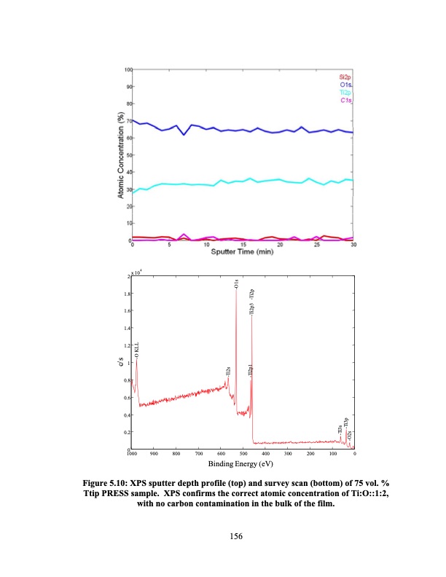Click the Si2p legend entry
(x=345, y=76)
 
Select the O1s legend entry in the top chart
(x=345, y=85)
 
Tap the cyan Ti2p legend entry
(x=345, y=93)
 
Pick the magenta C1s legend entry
(x=345, y=101)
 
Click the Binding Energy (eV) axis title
(x=240, y=463)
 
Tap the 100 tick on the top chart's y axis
(x=128, y=69)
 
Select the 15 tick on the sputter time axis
(x=243, y=245)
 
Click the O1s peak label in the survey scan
(x=236, y=284)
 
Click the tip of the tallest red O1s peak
(x=236, y=291)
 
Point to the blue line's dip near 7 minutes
(x=184, y=135)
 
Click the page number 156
(x=235, y=536)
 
